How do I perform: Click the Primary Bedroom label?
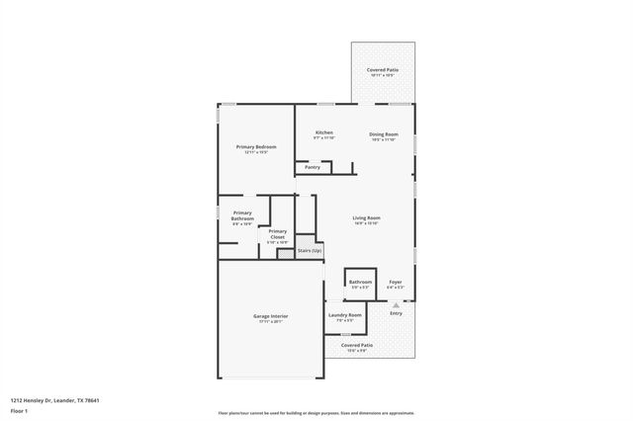pyautogui.click(x=255, y=146)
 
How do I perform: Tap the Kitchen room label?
pyautogui.click(x=324, y=132)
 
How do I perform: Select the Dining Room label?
pyautogui.click(x=384, y=133)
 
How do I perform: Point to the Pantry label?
pyautogui.click(x=313, y=167)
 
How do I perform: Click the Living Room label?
pyautogui.click(x=367, y=217)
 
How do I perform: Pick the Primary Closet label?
pyautogui.click(x=278, y=234)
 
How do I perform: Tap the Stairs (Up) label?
pyautogui.click(x=310, y=251)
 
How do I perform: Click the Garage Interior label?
pyautogui.click(x=270, y=315)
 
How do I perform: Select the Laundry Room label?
pyautogui.click(x=346, y=314)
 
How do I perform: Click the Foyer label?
pyautogui.click(x=395, y=282)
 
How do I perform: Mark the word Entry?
pyautogui.click(x=396, y=313)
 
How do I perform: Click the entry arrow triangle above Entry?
pyautogui.click(x=396, y=305)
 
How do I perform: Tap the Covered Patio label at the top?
pyautogui.click(x=383, y=70)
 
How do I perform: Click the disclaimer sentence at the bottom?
pyautogui.click(x=316, y=413)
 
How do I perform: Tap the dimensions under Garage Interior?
pyautogui.click(x=270, y=321)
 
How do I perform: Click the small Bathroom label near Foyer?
pyautogui.click(x=360, y=282)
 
